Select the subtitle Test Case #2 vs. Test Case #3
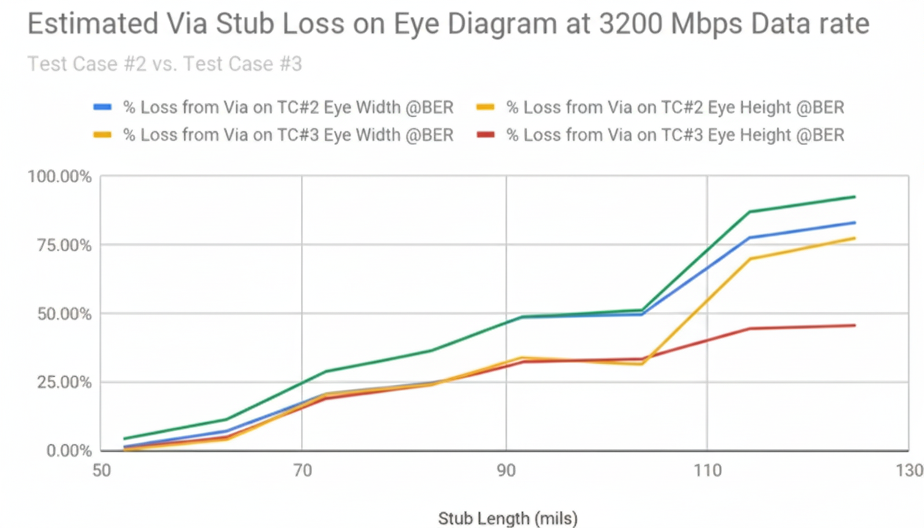click(164, 65)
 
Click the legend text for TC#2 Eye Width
click(288, 107)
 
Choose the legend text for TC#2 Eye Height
click(675, 107)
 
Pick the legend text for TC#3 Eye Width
click(288, 135)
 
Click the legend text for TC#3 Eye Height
click(675, 135)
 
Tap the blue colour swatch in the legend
click(102, 107)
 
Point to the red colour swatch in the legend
click(485, 135)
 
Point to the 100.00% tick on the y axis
click(60, 177)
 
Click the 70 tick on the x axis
click(302, 471)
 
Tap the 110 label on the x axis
click(707, 471)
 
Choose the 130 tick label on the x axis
click(910, 471)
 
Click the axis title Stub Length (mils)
click(507, 518)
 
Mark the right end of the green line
click(855, 197)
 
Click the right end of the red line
click(855, 325)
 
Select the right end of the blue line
click(855, 222)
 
